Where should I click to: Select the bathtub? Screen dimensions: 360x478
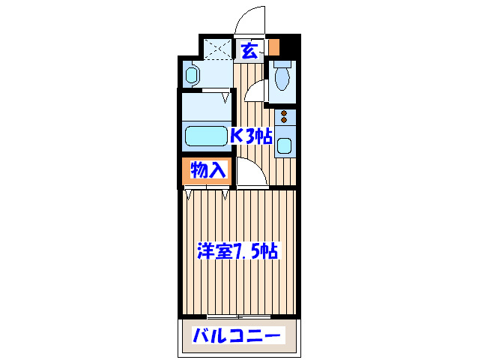[x=206, y=136]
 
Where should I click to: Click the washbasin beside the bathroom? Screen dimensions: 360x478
[x=192, y=75]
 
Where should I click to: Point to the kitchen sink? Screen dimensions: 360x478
[x=285, y=145]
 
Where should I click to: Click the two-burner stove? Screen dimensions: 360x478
[x=285, y=117]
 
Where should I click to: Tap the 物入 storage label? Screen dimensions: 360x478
[x=208, y=170]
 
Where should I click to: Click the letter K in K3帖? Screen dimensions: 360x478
[x=236, y=136]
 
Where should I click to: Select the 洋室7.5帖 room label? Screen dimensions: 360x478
[x=238, y=250]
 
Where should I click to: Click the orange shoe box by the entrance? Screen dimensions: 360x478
[x=274, y=46]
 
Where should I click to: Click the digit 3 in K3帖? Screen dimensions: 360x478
[x=249, y=136]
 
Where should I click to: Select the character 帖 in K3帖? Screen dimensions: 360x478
[x=262, y=136]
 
